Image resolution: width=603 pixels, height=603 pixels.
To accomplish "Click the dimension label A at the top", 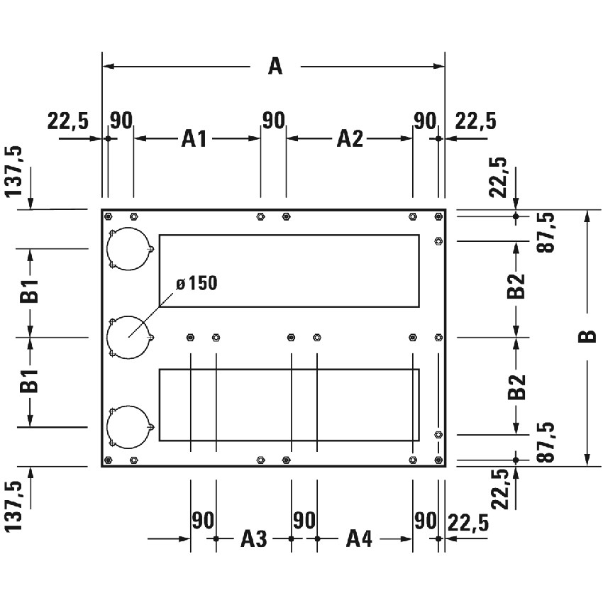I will (x=275, y=67).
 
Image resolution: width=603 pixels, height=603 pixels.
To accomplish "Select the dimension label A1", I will (x=194, y=138).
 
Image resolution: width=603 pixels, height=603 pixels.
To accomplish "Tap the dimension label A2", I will (x=349, y=138).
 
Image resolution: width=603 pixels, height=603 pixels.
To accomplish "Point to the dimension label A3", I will (x=253, y=539).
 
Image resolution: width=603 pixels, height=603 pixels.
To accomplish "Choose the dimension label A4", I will (x=359, y=539).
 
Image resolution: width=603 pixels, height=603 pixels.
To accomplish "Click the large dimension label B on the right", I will (x=587, y=337).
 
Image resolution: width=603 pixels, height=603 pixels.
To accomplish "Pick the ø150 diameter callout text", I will (x=197, y=284).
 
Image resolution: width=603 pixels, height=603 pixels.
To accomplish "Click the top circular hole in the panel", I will (x=128, y=249).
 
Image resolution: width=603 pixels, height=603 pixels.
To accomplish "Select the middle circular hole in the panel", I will (x=128, y=337).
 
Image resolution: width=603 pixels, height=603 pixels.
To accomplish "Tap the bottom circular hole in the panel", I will (x=128, y=426).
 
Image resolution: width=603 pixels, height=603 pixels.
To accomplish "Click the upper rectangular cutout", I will (x=288, y=270).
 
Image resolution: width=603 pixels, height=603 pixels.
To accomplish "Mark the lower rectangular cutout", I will (x=288, y=404).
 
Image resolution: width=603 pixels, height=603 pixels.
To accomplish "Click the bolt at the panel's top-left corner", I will (x=109, y=216).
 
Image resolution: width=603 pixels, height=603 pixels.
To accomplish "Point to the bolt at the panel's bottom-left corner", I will (x=109, y=460).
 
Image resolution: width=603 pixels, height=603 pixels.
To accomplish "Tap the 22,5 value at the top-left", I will (x=68, y=121).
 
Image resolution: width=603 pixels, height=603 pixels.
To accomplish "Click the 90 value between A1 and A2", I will (x=273, y=120).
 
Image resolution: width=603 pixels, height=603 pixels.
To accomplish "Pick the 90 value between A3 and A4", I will (x=304, y=521).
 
